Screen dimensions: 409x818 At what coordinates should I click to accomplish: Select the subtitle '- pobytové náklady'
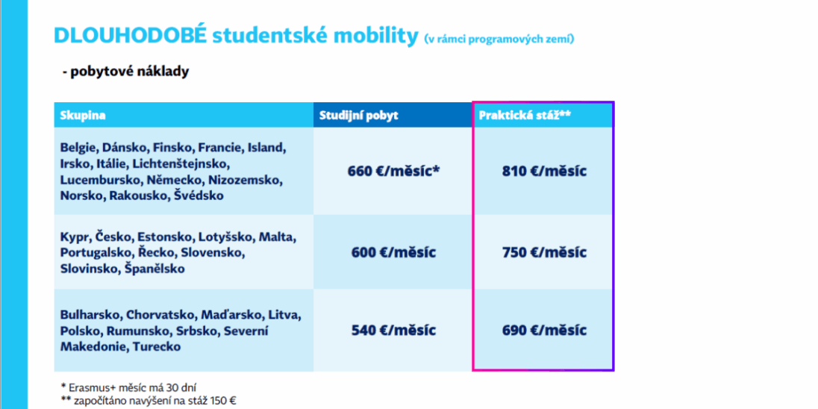[x=125, y=72]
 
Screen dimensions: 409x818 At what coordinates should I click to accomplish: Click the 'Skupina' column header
[x=82, y=116]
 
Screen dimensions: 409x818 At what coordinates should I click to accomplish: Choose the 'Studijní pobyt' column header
[x=358, y=116]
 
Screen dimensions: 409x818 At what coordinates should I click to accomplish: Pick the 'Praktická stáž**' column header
[x=525, y=116]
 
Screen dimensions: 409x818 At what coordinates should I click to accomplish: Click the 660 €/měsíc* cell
[x=393, y=171]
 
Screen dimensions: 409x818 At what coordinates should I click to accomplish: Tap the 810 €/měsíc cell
[x=544, y=171]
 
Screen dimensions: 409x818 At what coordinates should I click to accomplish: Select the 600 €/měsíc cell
[x=393, y=252]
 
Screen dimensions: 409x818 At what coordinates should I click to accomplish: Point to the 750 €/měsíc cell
[x=544, y=252]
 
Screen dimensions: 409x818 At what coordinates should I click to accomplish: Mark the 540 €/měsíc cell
[x=393, y=330]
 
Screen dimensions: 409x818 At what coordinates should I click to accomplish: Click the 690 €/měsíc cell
[x=544, y=330]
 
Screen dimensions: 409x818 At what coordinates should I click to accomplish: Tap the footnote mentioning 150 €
[x=149, y=401]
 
